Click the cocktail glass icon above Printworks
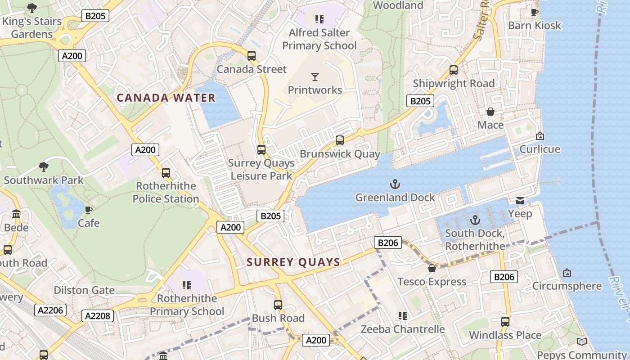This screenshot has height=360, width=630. coord(315,77)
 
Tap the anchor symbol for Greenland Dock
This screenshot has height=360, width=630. coord(395,184)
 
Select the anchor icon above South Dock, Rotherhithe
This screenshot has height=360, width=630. coord(475,220)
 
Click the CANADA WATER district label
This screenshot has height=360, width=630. coord(166,98)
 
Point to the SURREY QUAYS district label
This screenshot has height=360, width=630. coord(293,262)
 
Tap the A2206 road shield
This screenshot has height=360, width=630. coord(50,310)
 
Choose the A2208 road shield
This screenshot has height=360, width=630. coord(98,315)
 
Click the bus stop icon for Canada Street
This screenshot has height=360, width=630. coord(252,56)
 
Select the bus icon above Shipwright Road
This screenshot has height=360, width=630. coord(454,70)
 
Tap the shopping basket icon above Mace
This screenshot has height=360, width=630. coord(490,112)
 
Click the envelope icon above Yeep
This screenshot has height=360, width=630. coord(520,200)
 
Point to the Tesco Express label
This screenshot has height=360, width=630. coord(432,282)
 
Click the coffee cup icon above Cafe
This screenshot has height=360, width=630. coord(89,210)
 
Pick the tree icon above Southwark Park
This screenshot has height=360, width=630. coord(44,167)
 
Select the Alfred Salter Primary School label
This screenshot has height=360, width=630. coord(319,39)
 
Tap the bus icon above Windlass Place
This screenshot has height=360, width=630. coord(505,322)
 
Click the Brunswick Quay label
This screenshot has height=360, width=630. coord(340,154)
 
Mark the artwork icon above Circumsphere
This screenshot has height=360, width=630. coord(567,273)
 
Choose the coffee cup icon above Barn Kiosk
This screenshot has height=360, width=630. coord(535,12)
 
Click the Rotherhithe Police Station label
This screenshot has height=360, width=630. coord(166,192)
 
